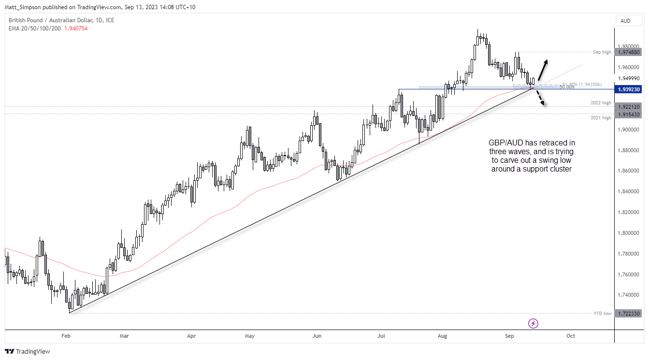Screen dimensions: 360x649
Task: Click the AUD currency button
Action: click(x=625, y=21)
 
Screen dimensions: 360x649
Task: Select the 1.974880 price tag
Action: click(x=629, y=52)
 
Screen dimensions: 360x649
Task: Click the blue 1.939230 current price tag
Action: click(x=629, y=89)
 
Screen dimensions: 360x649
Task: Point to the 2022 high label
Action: click(x=601, y=103)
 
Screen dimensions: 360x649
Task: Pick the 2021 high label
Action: click(x=601, y=117)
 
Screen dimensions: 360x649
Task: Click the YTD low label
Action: click(x=602, y=314)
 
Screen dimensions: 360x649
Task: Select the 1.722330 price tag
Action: click(x=629, y=314)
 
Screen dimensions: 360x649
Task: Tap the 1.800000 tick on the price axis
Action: click(x=629, y=233)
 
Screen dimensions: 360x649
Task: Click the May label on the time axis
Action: click(x=249, y=336)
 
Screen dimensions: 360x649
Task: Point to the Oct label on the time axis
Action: click(x=571, y=336)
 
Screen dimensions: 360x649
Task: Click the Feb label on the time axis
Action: click(x=66, y=336)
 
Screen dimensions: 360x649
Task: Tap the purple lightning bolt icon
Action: click(x=534, y=323)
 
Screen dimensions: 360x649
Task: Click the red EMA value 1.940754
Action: click(x=76, y=29)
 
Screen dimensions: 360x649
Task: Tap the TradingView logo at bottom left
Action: click(x=28, y=351)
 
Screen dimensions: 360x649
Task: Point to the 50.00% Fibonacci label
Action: click(x=567, y=87)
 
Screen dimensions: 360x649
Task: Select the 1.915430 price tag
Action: click(x=629, y=114)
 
